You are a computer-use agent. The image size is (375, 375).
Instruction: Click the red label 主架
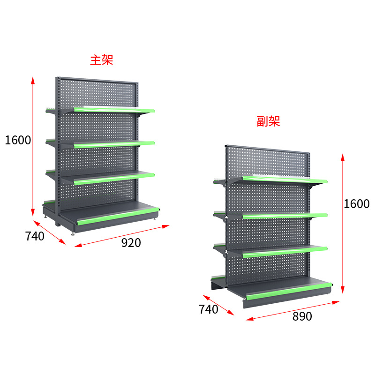point(102,60)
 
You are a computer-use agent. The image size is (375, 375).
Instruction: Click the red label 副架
point(269,121)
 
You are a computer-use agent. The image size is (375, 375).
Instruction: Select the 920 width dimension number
point(131,243)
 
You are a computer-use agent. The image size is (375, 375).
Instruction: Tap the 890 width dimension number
point(302,316)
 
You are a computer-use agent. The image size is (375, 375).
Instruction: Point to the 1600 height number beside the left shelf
point(18,140)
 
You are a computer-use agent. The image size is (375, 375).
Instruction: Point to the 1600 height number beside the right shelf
point(356,204)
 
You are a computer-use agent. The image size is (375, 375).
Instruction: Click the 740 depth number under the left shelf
point(35,236)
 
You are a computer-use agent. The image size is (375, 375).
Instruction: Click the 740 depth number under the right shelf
point(209,309)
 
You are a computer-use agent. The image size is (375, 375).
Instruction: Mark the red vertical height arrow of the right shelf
point(343,223)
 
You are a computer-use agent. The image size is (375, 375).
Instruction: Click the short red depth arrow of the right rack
point(218,305)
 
